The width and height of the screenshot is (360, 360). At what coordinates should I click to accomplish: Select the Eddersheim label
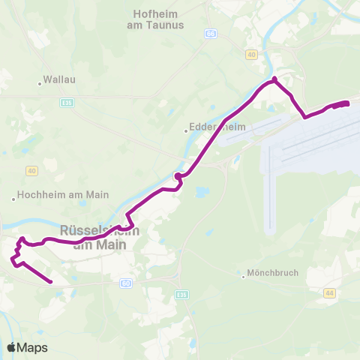(x=211, y=128)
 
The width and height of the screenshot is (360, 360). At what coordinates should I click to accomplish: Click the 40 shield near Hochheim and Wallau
(x=31, y=171)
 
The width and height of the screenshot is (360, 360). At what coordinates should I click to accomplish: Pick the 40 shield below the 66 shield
(x=251, y=54)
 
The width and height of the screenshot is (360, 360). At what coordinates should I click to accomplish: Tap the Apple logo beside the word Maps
(x=11, y=347)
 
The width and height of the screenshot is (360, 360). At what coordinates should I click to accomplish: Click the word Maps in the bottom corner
(x=32, y=348)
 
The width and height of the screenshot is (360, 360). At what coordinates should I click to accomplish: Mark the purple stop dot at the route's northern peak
(x=274, y=79)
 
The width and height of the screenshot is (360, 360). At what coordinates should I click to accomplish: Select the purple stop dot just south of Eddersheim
(x=178, y=177)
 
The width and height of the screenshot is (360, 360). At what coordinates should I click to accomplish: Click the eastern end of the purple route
(x=347, y=103)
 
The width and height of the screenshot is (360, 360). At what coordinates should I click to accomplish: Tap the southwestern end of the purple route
(x=50, y=282)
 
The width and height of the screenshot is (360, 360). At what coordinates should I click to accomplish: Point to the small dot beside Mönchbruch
(x=244, y=274)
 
